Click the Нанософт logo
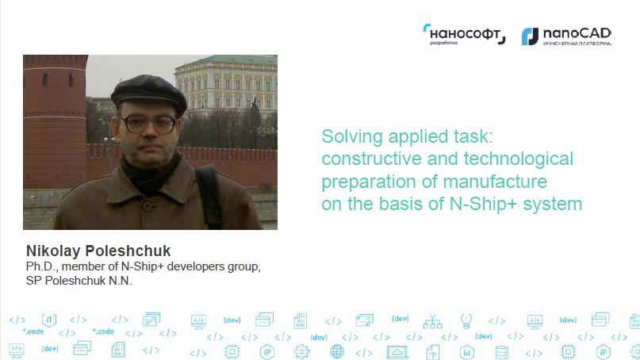point(464,34)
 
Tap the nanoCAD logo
point(566,36)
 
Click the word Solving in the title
point(352,136)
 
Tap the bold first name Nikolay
point(53,251)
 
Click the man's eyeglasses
point(148,124)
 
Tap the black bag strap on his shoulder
point(209,196)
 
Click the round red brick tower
point(55,121)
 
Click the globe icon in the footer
point(337,351)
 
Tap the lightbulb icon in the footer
point(466,321)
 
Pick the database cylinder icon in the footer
point(502,352)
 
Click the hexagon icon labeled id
point(466,352)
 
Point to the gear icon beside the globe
point(301,351)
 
